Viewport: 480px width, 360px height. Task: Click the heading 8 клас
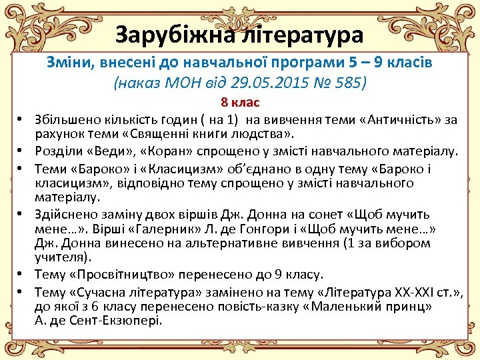pos(240,103)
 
